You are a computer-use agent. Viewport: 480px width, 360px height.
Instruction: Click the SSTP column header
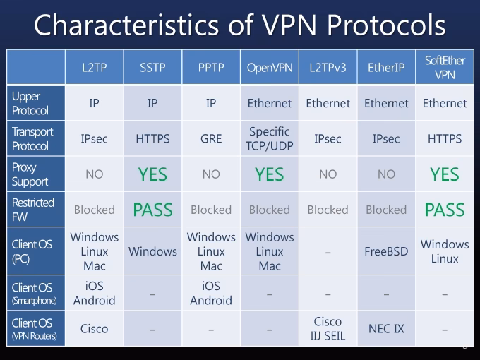(x=152, y=68)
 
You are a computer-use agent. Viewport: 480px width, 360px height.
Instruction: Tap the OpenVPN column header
(x=269, y=68)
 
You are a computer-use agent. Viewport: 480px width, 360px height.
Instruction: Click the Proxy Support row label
(x=30, y=174)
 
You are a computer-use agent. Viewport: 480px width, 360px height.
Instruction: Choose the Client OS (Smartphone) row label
(x=34, y=294)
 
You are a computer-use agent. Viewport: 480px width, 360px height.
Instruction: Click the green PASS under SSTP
(x=152, y=210)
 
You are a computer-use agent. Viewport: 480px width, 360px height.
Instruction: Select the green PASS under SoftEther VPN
(x=445, y=210)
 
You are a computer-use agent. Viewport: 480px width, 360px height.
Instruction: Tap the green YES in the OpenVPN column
(x=269, y=174)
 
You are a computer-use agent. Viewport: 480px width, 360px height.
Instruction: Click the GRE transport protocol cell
(x=210, y=139)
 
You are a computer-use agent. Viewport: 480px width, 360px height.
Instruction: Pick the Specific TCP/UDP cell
(x=269, y=139)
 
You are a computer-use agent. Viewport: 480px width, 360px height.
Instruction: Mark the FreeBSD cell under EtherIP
(x=386, y=251)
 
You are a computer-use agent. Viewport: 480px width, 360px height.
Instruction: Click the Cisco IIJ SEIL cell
(x=328, y=328)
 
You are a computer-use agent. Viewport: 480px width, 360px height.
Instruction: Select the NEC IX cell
(x=386, y=329)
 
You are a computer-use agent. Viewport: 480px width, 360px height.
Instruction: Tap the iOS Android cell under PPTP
(x=210, y=293)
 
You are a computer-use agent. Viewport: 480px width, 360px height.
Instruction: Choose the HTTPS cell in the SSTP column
(x=152, y=139)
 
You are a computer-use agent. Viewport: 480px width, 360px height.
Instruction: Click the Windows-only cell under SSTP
(x=152, y=251)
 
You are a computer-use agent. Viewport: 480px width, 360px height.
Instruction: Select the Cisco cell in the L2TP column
(x=94, y=329)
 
